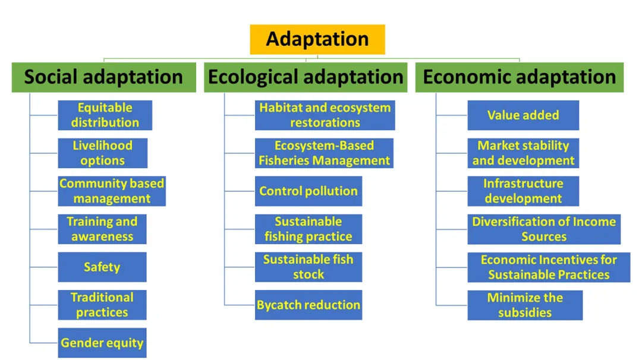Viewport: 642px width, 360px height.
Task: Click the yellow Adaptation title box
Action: (x=317, y=39)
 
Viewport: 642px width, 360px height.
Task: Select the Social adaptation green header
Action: (x=103, y=77)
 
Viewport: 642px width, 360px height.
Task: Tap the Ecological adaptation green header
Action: (x=306, y=77)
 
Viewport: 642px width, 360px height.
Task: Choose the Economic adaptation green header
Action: (x=519, y=77)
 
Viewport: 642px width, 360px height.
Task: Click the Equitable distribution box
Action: (x=105, y=115)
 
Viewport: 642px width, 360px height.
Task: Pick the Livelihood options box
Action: (x=102, y=153)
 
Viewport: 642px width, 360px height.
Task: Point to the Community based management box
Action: (x=112, y=191)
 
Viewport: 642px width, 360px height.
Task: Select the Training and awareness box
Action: (x=102, y=229)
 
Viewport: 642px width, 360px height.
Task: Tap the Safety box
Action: (x=102, y=267)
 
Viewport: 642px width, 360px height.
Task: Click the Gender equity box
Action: (x=102, y=343)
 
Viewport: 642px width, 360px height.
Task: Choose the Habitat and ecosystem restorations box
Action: (x=325, y=115)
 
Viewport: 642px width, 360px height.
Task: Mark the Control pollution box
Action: (x=308, y=191)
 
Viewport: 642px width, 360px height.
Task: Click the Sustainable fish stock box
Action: (x=308, y=267)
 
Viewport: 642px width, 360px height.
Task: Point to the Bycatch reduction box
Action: (x=308, y=305)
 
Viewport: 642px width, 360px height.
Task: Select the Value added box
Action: (x=523, y=115)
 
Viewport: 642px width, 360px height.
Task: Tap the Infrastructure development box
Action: (x=523, y=191)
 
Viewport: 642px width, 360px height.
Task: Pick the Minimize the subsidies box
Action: (x=524, y=305)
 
